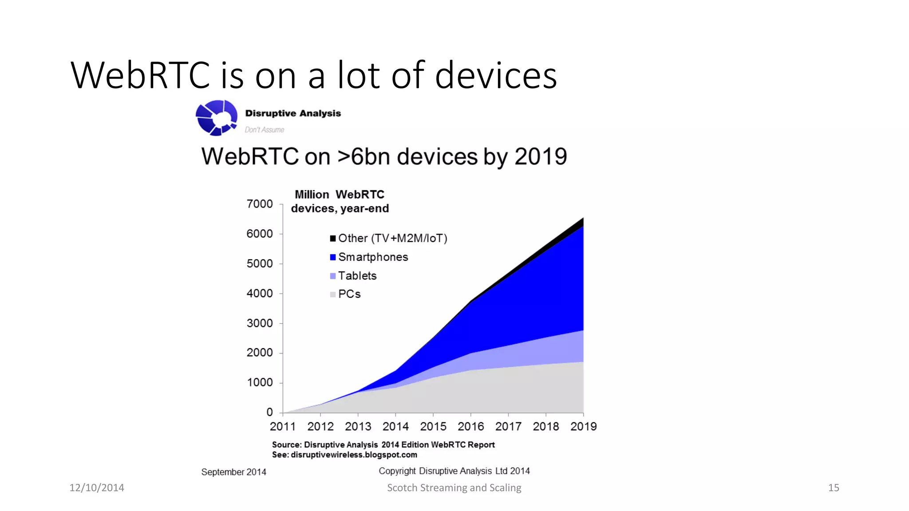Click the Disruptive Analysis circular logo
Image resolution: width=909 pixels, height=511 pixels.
click(216, 118)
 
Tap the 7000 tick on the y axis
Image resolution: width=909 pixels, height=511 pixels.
click(260, 204)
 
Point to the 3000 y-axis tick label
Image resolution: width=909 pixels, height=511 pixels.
click(260, 323)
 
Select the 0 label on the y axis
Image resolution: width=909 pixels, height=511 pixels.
click(269, 413)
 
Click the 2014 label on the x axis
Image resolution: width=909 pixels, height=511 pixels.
click(395, 427)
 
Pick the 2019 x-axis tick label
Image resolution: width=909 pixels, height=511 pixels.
click(583, 427)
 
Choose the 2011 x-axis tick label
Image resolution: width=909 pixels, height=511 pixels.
click(283, 427)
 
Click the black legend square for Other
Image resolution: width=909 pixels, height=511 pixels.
click(333, 239)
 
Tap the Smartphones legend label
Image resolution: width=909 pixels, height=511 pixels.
click(373, 257)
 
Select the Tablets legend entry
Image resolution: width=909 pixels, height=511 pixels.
click(357, 276)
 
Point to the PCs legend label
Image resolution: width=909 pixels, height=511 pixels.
click(349, 294)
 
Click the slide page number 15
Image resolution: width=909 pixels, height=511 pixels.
click(834, 488)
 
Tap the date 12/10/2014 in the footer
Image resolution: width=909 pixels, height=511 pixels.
click(97, 488)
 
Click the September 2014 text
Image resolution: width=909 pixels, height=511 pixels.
click(233, 472)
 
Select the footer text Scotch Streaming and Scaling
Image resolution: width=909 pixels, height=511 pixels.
click(454, 488)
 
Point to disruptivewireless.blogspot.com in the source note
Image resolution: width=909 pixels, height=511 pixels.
click(354, 455)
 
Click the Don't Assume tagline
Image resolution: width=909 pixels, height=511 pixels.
click(265, 130)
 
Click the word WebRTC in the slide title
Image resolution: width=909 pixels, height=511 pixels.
click(140, 75)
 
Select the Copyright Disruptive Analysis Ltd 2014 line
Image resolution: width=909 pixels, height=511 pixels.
click(454, 471)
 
